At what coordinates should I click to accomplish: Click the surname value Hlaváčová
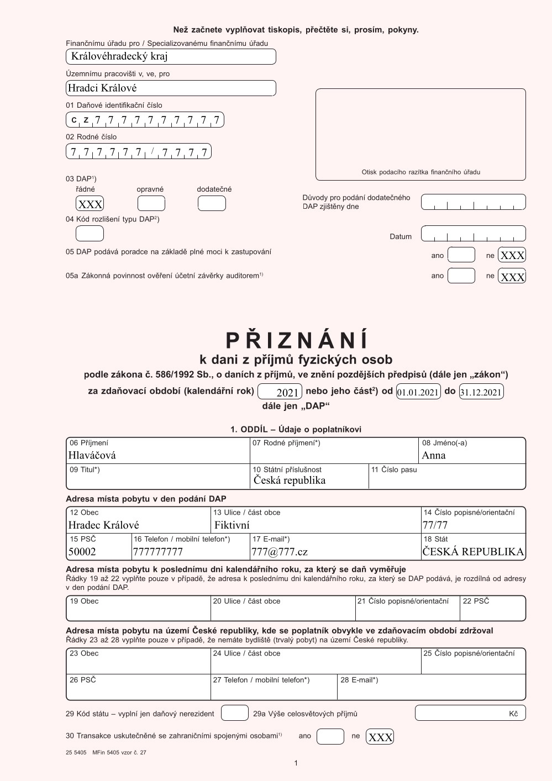coord(92,455)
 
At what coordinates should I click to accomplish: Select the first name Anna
coord(434,455)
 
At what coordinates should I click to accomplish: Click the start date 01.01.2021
coord(418,392)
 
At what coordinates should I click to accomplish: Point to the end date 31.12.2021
coord(481,392)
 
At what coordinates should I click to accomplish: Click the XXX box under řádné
coord(90,204)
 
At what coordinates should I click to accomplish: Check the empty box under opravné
coord(151,204)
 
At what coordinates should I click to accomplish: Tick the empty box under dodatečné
coord(212,204)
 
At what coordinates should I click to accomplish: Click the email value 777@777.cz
coord(280,551)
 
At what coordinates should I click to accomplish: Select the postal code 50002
coord(82,551)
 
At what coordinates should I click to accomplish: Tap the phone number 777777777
coord(158,551)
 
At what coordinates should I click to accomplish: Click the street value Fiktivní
coord(232,525)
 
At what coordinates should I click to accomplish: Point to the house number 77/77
coord(435,525)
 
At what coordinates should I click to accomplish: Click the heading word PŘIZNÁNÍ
coord(296,340)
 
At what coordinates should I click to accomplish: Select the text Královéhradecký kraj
coord(119,56)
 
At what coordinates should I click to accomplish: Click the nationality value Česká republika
coord(290,480)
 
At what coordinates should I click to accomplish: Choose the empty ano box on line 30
coord(330,736)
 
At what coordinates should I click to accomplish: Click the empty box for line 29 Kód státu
coord(235,713)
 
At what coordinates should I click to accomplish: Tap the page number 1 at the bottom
coord(296,763)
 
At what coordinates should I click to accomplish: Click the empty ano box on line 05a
coord(461,276)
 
